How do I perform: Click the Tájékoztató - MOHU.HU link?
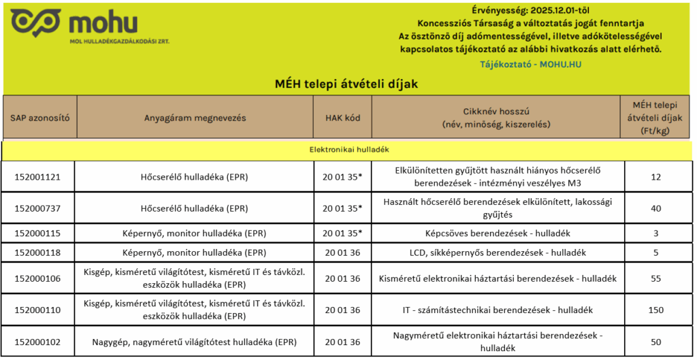coord(530,65)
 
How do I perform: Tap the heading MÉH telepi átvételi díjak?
coord(346,84)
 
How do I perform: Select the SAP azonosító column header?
coord(39,118)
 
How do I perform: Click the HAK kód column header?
coord(342,118)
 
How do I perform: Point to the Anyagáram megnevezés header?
coord(195,118)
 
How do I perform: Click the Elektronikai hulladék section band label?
coord(348,149)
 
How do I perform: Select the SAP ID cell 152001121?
coord(38,176)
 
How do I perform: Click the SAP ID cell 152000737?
coord(38,208)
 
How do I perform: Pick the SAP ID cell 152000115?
coord(38,233)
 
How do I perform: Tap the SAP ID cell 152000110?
coord(38,310)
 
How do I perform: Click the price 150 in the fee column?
coord(655,310)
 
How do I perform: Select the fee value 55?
coord(655,278)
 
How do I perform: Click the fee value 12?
coord(655,176)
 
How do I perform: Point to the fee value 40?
coord(655,208)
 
